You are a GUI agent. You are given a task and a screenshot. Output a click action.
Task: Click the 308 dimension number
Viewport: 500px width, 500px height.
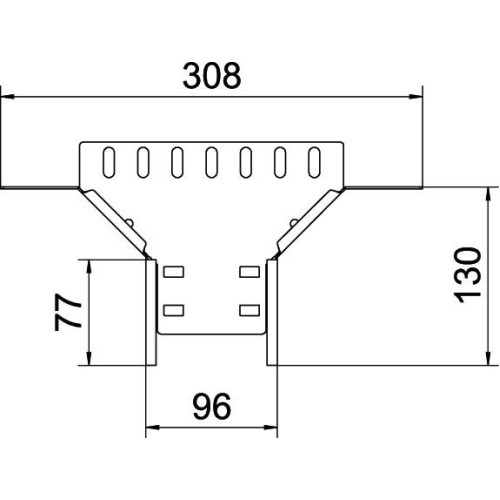212,76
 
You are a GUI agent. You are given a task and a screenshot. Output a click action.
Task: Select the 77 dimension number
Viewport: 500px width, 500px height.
68,312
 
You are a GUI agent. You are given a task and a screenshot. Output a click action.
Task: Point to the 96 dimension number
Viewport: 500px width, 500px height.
212,406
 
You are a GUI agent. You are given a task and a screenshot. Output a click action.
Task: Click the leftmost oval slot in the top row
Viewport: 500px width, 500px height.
109,162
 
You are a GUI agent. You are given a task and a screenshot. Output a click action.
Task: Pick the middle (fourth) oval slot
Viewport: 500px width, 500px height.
212,162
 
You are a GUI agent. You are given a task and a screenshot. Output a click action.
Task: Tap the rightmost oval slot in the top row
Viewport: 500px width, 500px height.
314,162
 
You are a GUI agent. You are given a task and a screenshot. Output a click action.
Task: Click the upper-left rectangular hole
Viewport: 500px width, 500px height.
173,272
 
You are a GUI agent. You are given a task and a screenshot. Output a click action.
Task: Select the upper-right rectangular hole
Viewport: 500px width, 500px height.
250,272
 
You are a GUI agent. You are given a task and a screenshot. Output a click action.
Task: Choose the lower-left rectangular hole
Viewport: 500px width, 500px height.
173,310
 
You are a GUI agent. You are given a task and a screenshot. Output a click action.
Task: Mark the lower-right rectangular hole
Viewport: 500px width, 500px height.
250,310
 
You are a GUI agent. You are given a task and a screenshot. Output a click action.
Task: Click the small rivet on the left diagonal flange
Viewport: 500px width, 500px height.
130,222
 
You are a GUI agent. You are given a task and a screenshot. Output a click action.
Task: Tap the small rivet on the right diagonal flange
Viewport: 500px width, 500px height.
294,222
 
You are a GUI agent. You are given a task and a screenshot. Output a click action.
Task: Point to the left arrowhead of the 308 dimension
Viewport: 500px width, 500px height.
7,97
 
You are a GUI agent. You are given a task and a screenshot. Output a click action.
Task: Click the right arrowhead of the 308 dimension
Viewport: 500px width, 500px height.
416,97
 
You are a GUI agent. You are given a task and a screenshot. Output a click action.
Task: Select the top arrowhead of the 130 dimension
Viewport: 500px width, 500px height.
488,194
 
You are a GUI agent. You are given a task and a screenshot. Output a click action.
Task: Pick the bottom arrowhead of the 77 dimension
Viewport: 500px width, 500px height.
89,359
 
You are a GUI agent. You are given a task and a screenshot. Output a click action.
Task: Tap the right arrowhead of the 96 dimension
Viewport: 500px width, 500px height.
271,427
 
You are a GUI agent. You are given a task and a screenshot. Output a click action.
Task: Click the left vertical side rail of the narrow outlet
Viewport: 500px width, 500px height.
151,313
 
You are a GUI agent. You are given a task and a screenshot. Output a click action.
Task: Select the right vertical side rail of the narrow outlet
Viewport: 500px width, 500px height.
272,313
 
